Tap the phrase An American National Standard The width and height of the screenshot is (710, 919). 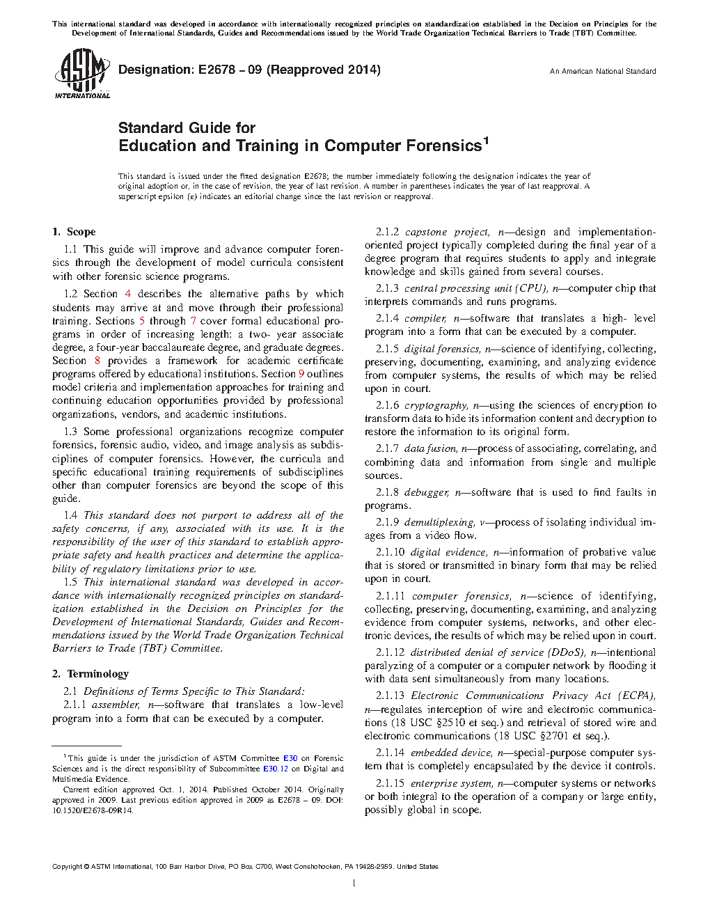[602, 71]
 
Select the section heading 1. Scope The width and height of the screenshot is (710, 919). [74, 232]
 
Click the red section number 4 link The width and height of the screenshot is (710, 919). [127, 294]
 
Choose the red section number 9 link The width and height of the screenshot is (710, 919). [301, 374]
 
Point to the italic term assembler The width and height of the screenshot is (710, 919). [116, 705]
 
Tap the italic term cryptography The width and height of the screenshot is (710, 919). [436, 405]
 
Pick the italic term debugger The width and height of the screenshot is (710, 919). [427, 492]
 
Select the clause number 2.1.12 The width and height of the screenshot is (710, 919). [390, 652]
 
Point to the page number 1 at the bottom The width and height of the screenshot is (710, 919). [354, 883]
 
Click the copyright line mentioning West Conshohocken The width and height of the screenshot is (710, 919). [245, 867]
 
